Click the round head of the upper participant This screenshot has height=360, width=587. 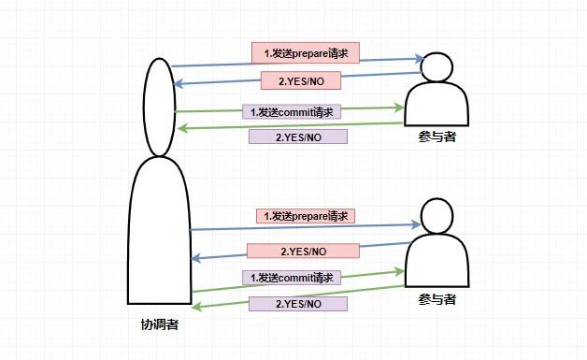[436, 66]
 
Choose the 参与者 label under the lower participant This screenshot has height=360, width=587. [437, 299]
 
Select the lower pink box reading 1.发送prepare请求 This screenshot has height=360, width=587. [307, 216]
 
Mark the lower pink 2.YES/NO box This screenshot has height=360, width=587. [303, 251]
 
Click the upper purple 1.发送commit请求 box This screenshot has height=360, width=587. [293, 111]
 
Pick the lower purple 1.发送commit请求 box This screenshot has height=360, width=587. [292, 278]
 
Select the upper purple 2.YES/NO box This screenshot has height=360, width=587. [298, 137]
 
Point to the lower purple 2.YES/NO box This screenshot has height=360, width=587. [298, 304]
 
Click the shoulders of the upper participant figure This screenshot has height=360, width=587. [437, 104]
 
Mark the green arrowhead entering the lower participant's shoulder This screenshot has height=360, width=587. [402, 269]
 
